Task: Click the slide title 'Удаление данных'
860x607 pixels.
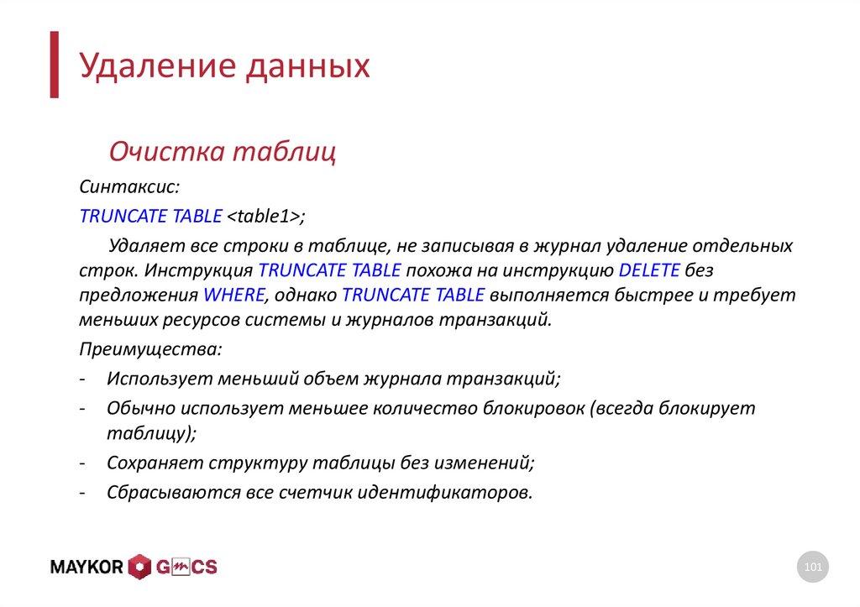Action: click(224, 67)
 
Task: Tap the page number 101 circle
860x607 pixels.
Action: click(812, 568)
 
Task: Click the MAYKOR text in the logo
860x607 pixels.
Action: click(87, 568)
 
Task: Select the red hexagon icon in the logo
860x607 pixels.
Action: click(139, 568)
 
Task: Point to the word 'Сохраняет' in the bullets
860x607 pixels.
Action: click(149, 463)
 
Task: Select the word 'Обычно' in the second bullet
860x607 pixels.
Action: click(135, 408)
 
